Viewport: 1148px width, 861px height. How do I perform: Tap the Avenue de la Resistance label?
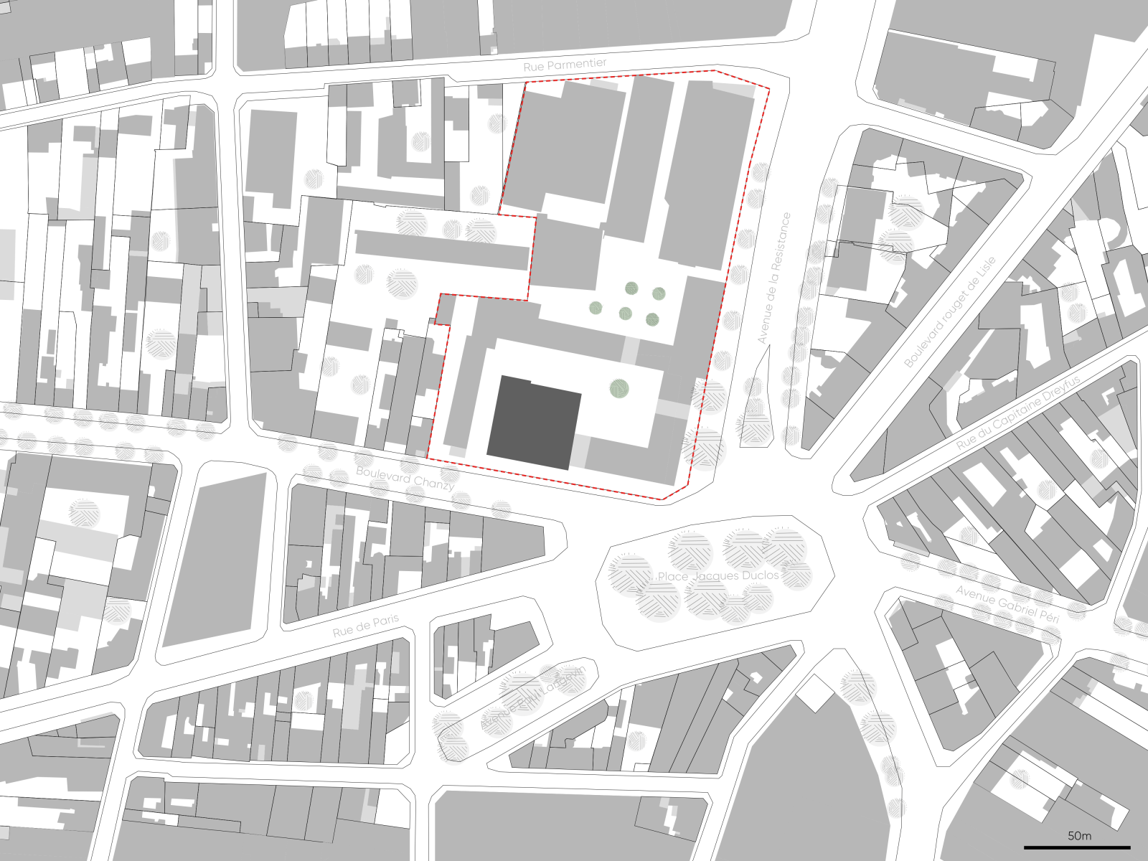tap(774, 278)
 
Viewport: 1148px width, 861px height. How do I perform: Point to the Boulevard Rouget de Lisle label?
tap(950, 312)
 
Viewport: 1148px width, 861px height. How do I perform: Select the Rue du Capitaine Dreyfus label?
tap(1018, 413)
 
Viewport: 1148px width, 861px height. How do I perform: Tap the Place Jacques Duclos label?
tap(718, 576)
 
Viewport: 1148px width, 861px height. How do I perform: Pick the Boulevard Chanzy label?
tap(405, 479)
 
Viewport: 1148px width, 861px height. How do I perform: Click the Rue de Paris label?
tap(366, 626)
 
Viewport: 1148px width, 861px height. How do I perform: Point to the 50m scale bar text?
tap(1079, 836)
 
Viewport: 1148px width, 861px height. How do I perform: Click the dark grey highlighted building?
tap(534, 423)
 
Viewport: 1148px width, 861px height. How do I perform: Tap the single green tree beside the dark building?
tap(619, 389)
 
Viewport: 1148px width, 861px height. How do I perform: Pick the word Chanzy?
tap(433, 484)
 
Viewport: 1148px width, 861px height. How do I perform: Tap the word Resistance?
tap(781, 239)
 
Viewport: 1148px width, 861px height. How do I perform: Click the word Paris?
tap(385, 621)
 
